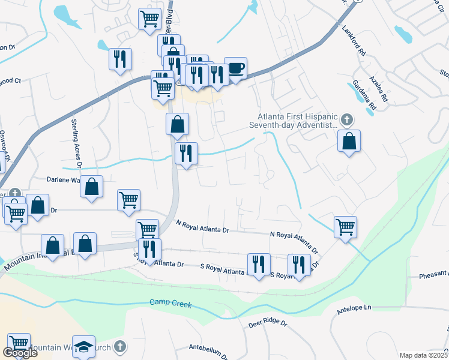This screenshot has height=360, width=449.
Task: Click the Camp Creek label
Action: [171, 304]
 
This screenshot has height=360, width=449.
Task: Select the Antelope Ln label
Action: [355, 308]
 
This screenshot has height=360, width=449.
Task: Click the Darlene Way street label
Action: [63, 179]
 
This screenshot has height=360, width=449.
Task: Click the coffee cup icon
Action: [235, 68]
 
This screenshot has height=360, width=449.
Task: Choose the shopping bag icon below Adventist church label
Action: [349, 141]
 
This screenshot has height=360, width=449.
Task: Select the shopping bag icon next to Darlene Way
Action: [91, 187]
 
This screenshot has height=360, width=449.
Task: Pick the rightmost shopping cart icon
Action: [345, 227]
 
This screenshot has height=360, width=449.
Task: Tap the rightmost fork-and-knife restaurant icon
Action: [298, 265]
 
